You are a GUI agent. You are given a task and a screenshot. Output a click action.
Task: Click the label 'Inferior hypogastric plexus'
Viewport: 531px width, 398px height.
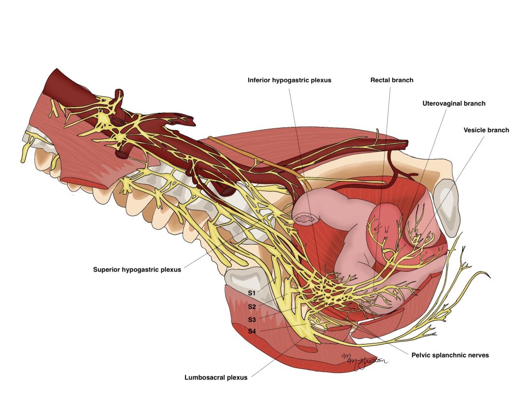tap(289, 80)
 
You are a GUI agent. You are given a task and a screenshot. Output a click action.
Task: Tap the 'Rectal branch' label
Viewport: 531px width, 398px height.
tap(391, 80)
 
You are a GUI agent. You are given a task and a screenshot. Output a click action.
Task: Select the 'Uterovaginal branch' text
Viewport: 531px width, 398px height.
tap(454, 103)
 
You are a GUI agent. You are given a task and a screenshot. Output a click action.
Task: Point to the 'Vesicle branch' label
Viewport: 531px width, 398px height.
tap(486, 130)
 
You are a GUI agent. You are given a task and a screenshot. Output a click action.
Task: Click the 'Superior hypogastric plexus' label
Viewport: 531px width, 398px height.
tap(137, 270)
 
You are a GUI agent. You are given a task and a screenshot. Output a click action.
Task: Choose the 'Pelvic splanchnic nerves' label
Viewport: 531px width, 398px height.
tap(450, 355)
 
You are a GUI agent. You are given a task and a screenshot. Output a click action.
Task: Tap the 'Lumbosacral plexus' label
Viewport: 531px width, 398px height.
tap(216, 377)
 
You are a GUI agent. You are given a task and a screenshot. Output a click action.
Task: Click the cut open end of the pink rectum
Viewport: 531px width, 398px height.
tap(306, 220)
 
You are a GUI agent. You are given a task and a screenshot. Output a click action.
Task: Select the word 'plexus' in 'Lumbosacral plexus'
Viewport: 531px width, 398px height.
tap(237, 377)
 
